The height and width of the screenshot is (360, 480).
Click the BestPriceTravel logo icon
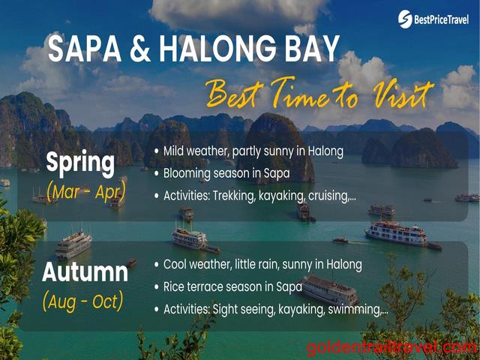pos(405,19)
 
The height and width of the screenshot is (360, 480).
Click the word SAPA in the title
pos(85,48)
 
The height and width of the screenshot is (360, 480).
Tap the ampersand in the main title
pos(140,49)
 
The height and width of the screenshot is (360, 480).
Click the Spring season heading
pos(80,163)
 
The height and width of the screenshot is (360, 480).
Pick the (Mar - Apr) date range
pos(86,192)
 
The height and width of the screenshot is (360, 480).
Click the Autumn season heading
pos(85,272)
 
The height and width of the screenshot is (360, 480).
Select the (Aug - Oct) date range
pos(83,301)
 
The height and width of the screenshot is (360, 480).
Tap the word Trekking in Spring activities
pos(234,196)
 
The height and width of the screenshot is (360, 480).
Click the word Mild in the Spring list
pos(173,151)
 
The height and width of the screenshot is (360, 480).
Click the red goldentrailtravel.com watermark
pos(392,349)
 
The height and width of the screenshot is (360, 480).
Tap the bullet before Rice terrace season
pos(157,287)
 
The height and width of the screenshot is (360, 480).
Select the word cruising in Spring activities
pos(332,196)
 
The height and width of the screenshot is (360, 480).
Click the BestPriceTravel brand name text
pos(441,20)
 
